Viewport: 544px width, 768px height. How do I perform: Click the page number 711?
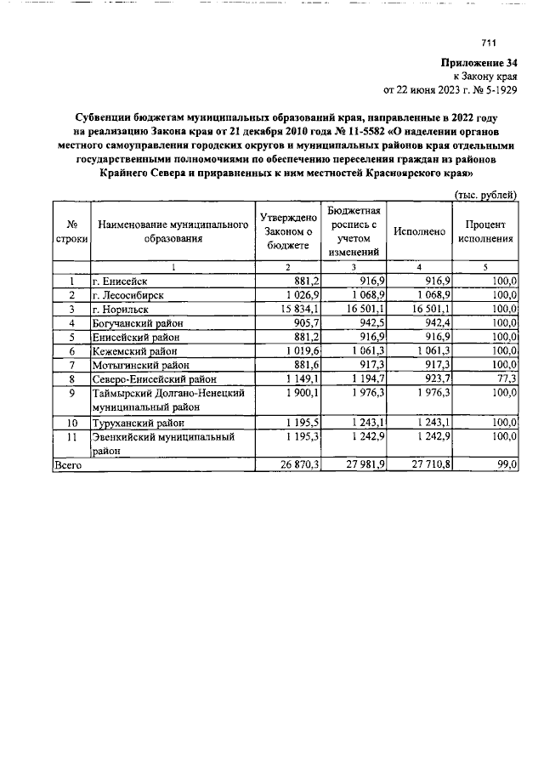click(488, 44)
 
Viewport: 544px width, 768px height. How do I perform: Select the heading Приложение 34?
click(479, 63)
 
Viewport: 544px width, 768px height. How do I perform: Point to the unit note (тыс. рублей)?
click(486, 195)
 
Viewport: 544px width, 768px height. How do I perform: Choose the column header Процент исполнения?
click(486, 232)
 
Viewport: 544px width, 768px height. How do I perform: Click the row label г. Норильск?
click(124, 310)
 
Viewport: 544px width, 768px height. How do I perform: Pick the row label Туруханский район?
click(141, 423)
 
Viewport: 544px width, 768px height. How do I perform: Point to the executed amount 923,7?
click(437, 378)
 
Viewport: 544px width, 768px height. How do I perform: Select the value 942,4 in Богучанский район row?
click(437, 323)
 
